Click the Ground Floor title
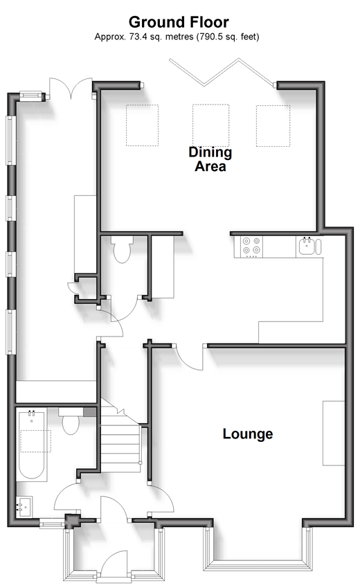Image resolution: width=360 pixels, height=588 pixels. (x=179, y=22)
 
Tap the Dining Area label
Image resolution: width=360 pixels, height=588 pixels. (x=210, y=159)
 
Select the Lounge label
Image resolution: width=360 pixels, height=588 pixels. (x=248, y=434)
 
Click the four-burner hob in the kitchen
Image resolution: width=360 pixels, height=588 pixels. (x=251, y=247)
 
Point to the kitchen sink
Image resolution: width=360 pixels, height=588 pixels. (x=309, y=246)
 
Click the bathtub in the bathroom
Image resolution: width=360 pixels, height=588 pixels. (x=32, y=446)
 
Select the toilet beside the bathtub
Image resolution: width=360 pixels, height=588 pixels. (x=71, y=422)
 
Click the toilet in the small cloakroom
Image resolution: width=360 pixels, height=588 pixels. (x=122, y=249)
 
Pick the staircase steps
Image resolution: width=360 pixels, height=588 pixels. (x=120, y=439)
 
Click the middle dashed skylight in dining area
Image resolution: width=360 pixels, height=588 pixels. (x=210, y=125)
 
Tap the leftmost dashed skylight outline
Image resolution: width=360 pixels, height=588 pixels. (x=142, y=125)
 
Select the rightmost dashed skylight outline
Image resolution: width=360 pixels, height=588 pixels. (x=273, y=125)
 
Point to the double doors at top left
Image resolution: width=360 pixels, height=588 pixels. (x=71, y=88)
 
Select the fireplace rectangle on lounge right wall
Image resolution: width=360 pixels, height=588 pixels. (x=334, y=434)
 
